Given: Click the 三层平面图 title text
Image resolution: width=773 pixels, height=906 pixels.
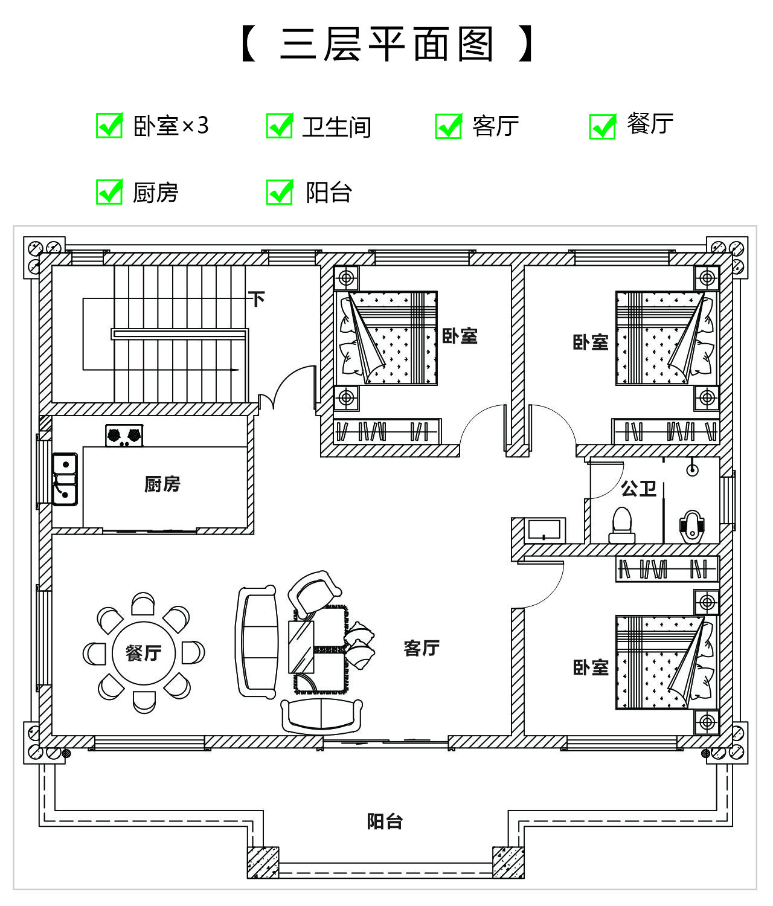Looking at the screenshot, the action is [x=387, y=44].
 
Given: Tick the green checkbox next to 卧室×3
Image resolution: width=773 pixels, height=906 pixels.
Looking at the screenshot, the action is [x=109, y=126].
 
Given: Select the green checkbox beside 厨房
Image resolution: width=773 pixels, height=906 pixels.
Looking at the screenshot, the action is [x=109, y=191].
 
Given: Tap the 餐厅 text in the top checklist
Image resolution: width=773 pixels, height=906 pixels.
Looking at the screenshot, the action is [x=650, y=124].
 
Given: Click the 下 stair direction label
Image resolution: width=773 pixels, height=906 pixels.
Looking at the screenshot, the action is [x=257, y=299].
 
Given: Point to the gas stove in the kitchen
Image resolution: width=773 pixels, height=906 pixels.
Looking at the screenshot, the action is [x=124, y=435].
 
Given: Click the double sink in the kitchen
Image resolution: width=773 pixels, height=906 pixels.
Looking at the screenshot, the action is [x=65, y=479].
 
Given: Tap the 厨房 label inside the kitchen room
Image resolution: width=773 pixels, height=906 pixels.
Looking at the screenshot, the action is [x=162, y=484].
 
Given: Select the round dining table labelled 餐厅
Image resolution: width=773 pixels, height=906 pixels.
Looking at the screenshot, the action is [x=144, y=653].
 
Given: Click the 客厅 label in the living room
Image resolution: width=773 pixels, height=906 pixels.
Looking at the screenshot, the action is [x=422, y=648].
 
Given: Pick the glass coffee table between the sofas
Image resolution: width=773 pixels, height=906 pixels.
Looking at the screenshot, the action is [x=301, y=646].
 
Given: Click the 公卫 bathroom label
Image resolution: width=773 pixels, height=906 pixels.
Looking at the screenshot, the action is [x=639, y=489].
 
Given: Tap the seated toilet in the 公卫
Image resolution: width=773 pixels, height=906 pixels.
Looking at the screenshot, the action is [x=622, y=525].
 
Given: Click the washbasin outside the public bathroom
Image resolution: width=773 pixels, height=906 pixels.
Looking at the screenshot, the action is [x=545, y=530].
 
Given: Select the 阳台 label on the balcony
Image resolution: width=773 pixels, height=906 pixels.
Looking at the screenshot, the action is [x=385, y=821].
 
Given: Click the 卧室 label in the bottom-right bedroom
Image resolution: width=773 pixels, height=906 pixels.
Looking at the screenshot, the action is [x=591, y=667].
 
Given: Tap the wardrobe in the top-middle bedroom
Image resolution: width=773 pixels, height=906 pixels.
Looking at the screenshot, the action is [x=387, y=431].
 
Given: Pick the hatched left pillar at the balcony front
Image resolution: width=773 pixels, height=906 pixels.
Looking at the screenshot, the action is [x=263, y=862].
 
